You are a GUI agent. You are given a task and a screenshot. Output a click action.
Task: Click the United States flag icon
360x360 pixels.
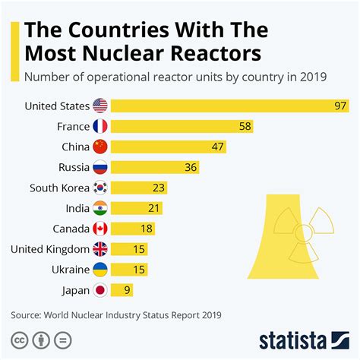(100, 106)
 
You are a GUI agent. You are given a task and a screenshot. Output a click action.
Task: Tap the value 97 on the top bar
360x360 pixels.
(339, 106)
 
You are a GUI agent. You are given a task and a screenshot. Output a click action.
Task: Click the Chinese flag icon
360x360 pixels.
(100, 147)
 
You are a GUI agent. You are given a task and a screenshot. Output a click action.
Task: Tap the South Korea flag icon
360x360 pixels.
(100, 188)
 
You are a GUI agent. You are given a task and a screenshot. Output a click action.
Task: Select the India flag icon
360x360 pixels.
(100, 208)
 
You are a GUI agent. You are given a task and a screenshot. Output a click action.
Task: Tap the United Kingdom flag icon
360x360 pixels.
(100, 248)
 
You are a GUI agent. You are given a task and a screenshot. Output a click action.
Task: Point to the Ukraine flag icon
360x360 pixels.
(100, 269)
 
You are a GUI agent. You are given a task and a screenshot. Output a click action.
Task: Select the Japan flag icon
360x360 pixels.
(100, 289)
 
